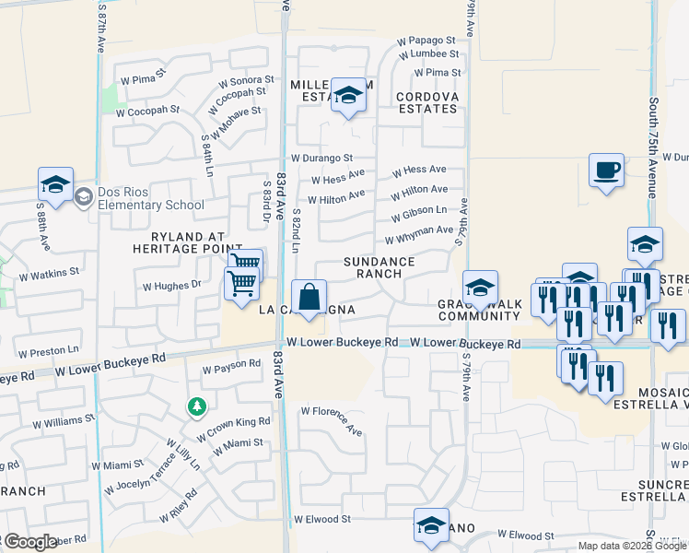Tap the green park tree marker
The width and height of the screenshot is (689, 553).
pyautogui.click(x=196, y=406)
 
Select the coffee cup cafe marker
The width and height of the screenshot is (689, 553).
pyautogui.click(x=606, y=171)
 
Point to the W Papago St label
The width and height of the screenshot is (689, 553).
pyautogui.click(x=426, y=41)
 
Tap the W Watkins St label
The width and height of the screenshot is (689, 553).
pyautogui.click(x=49, y=273)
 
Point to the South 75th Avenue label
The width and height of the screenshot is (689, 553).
pyautogui.click(x=652, y=148)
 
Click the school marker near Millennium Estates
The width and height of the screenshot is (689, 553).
pyautogui.click(x=348, y=94)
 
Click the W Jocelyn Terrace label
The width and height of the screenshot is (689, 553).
pyautogui.click(x=148, y=471)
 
